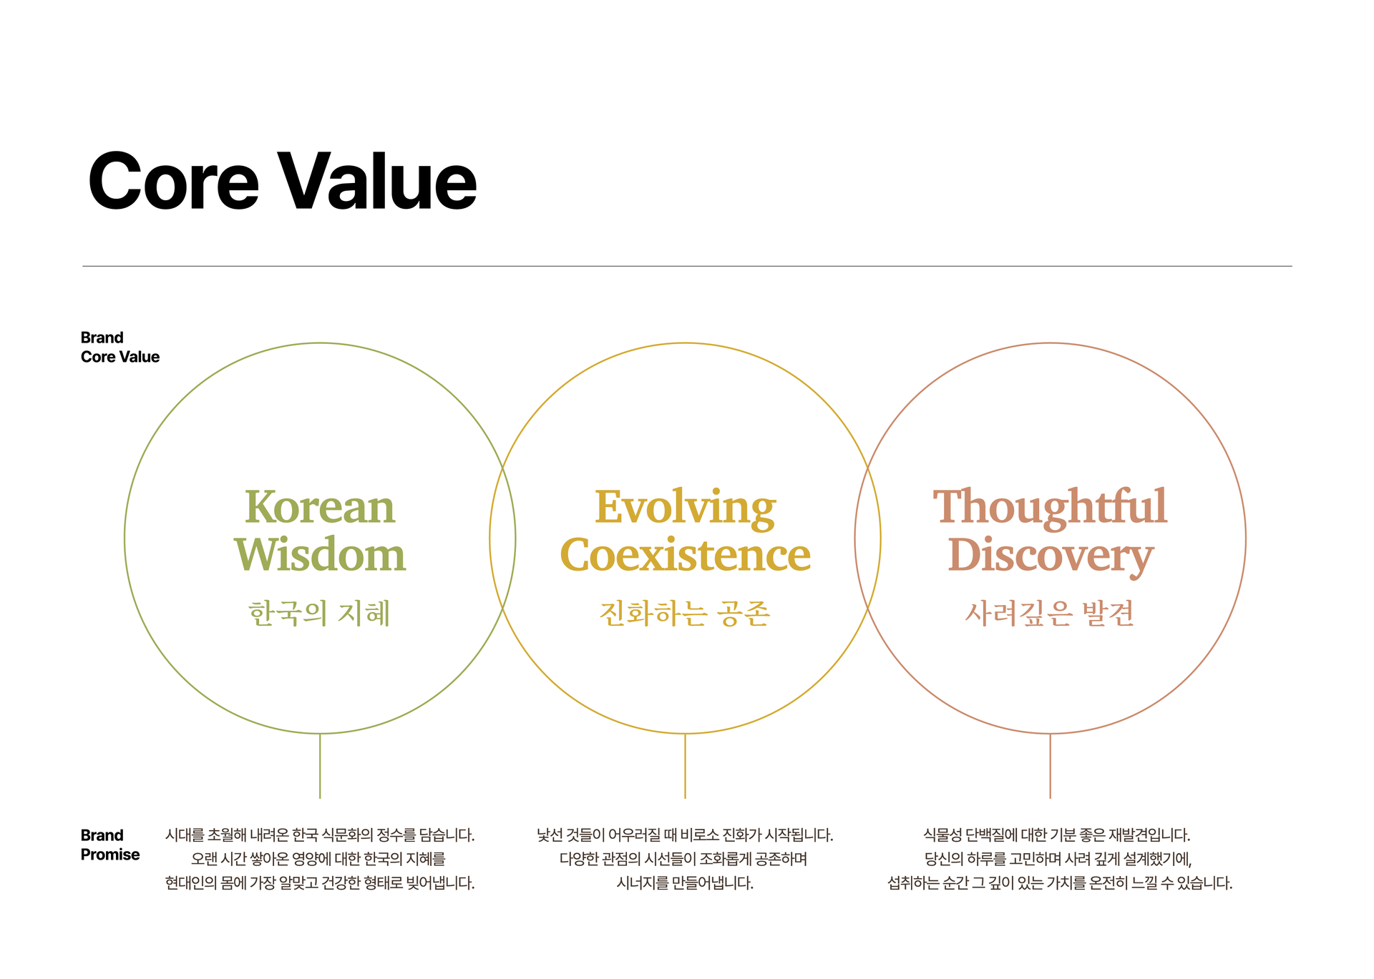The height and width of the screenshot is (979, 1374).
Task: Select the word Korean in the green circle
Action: click(320, 507)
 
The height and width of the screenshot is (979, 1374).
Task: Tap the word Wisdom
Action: click(320, 554)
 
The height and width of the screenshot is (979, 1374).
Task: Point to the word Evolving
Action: click(685, 510)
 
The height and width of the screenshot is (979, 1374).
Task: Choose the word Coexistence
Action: click(685, 555)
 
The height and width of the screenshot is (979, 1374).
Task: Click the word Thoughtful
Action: click(1050, 508)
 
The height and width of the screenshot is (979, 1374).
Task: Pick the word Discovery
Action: click(1050, 557)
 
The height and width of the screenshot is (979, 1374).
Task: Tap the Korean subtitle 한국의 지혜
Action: click(319, 614)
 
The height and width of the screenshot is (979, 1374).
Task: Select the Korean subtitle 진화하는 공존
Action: click(685, 614)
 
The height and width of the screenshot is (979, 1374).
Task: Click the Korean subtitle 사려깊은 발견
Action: click(1050, 614)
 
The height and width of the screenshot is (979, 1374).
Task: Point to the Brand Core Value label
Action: click(120, 347)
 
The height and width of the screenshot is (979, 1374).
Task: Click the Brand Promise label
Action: click(110, 845)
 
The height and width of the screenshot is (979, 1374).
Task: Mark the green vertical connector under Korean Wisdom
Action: click(320, 766)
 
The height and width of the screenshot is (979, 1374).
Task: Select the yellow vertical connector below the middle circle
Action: click(685, 766)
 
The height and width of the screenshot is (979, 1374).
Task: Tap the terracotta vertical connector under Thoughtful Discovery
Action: click(1050, 766)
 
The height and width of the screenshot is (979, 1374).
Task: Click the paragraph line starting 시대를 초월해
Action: click(320, 835)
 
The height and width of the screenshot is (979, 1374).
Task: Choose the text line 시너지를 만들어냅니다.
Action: click(685, 884)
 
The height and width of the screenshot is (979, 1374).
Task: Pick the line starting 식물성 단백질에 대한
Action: click(1056, 835)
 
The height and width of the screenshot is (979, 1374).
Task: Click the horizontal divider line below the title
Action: click(687, 266)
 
